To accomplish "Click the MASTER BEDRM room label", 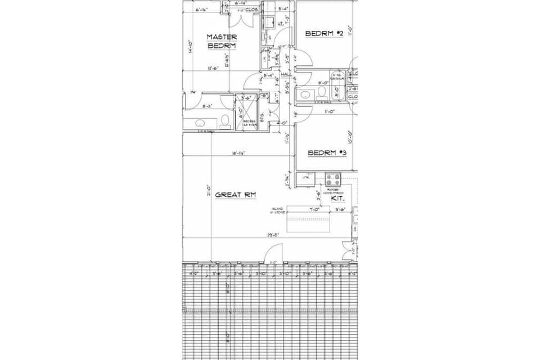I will [x=221, y=41].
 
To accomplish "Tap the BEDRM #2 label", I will [x=324, y=34].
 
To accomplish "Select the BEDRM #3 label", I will [x=326, y=152].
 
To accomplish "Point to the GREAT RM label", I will [x=236, y=194].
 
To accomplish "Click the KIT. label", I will [x=337, y=199].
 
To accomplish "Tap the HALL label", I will [x=286, y=74].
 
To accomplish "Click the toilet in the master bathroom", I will [x=224, y=121].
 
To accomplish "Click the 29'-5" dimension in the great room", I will [x=273, y=236].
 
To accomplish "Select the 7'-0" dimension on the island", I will [x=314, y=209].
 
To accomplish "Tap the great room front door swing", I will [x=274, y=254].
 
